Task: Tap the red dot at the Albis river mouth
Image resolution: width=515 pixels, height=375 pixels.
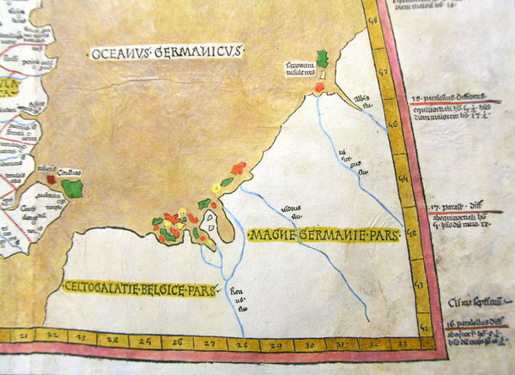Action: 318,86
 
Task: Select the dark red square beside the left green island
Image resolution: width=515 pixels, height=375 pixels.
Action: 51,179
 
